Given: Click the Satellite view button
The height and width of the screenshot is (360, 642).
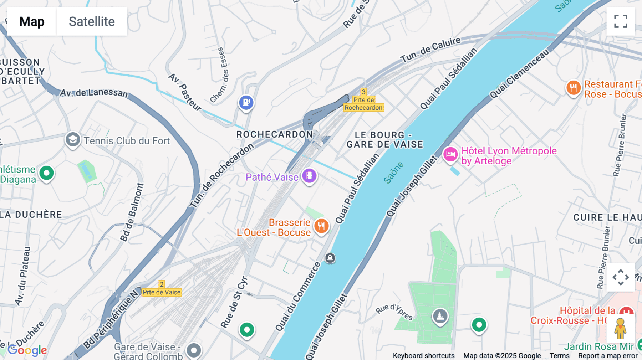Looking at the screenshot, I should pyautogui.click(x=92, y=21).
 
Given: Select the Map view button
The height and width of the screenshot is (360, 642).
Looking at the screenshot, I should pyautogui.click(x=32, y=21).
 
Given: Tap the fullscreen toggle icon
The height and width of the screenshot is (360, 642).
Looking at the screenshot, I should pyautogui.click(x=621, y=21).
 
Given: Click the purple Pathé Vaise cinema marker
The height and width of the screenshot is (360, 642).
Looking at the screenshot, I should pyautogui.click(x=309, y=176).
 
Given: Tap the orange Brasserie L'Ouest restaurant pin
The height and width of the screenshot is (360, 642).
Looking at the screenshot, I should pyautogui.click(x=321, y=226).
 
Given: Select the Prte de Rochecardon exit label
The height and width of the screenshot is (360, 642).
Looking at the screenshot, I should pyautogui.click(x=363, y=104).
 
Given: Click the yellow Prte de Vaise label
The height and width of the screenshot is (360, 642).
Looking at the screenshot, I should pyautogui.click(x=162, y=292).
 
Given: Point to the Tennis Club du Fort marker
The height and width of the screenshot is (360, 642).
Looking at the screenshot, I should pyautogui.click(x=73, y=140).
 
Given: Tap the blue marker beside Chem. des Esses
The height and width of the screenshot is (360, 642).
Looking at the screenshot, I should pyautogui.click(x=246, y=103).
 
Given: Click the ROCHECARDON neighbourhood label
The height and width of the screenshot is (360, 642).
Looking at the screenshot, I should pyautogui.click(x=275, y=134).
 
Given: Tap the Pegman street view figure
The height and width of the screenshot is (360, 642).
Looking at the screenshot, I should pyautogui.click(x=620, y=328).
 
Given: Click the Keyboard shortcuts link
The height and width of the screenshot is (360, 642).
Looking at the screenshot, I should pyautogui.click(x=423, y=356).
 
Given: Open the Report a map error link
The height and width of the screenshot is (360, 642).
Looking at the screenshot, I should pyautogui.click(x=608, y=356).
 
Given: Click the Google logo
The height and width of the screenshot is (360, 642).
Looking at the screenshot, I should pyautogui.click(x=27, y=350).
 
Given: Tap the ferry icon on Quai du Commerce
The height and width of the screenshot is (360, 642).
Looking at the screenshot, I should pyautogui.click(x=330, y=258).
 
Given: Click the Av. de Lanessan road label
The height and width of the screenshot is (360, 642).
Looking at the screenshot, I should pyautogui.click(x=93, y=93).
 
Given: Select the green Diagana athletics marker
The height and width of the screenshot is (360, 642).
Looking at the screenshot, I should pyautogui.click(x=46, y=173).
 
